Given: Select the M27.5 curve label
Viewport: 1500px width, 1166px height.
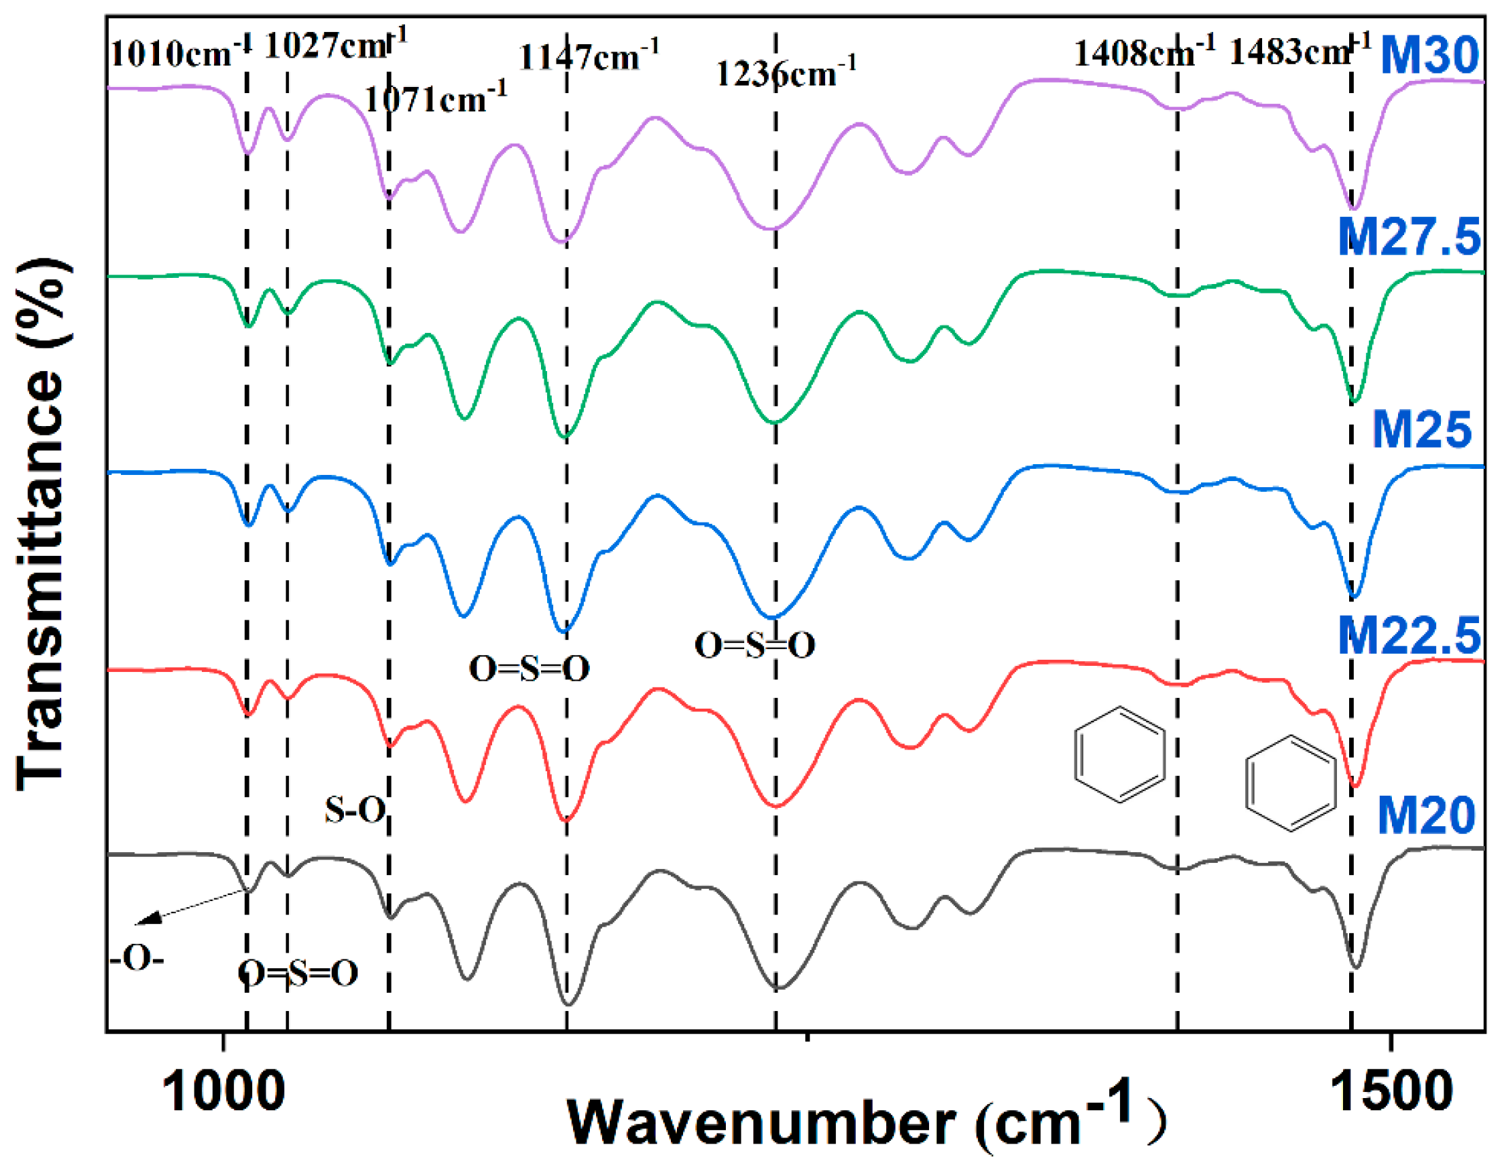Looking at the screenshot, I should click(x=1410, y=237).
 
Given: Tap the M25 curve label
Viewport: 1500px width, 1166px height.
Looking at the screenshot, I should click(x=1422, y=430).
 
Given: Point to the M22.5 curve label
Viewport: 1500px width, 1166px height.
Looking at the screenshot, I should click(x=1410, y=635).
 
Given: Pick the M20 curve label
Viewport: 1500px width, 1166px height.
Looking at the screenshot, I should click(x=1426, y=815).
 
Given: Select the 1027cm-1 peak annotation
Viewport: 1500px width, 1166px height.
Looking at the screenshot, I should click(x=336, y=46).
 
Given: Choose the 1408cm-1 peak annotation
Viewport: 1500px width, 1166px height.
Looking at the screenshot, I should click(x=1145, y=52).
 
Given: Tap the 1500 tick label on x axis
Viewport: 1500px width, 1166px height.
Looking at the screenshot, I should click(x=1391, y=1093).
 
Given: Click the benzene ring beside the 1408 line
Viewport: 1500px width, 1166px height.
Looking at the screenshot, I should click(x=1119, y=754).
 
